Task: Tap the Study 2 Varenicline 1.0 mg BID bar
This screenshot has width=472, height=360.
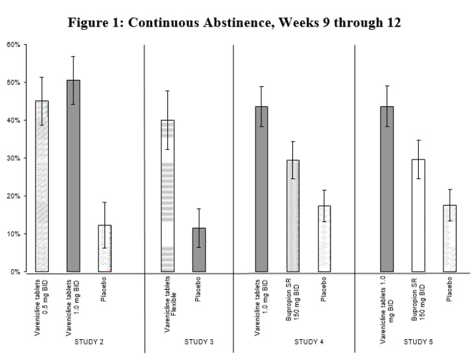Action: click(x=73, y=176)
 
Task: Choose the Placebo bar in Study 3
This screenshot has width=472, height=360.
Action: click(x=199, y=250)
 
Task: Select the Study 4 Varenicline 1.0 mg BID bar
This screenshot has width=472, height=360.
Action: click(x=261, y=189)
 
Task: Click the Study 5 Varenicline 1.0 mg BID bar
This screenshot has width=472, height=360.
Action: click(x=386, y=189)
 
